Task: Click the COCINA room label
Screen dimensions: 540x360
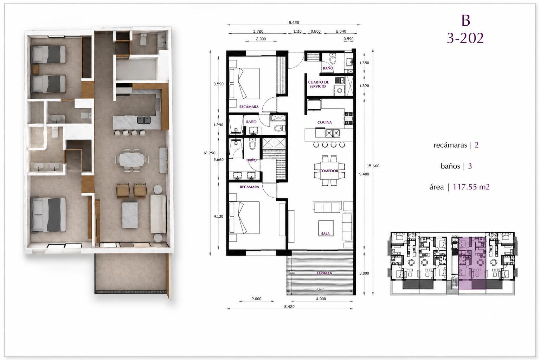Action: click(324, 122)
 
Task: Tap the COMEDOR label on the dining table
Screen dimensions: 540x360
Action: click(329, 171)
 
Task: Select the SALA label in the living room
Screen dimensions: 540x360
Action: click(326, 233)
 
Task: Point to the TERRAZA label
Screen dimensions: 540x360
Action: click(324, 273)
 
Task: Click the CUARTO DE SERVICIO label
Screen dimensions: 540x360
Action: click(319, 84)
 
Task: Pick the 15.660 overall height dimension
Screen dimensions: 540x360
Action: click(373, 166)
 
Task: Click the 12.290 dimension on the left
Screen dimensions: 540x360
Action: click(209, 153)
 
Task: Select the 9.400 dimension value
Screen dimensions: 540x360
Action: click(364, 174)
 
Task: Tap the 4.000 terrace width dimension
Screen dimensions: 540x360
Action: click(321, 299)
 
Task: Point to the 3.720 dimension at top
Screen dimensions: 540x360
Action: click(258, 31)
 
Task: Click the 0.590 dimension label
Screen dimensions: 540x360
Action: click(349, 39)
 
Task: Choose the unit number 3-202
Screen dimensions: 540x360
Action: click(465, 38)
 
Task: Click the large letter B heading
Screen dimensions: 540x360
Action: click(466, 20)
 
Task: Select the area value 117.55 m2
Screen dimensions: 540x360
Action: click(471, 187)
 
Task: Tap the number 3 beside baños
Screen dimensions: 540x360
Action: click(470, 166)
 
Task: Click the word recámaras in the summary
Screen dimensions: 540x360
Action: click(450, 145)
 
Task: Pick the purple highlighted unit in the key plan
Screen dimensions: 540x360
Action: click(472, 263)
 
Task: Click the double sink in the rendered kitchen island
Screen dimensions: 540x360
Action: click(144, 120)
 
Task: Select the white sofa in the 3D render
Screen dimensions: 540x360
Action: click(158, 214)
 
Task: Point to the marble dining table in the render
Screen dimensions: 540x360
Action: click(132, 160)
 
